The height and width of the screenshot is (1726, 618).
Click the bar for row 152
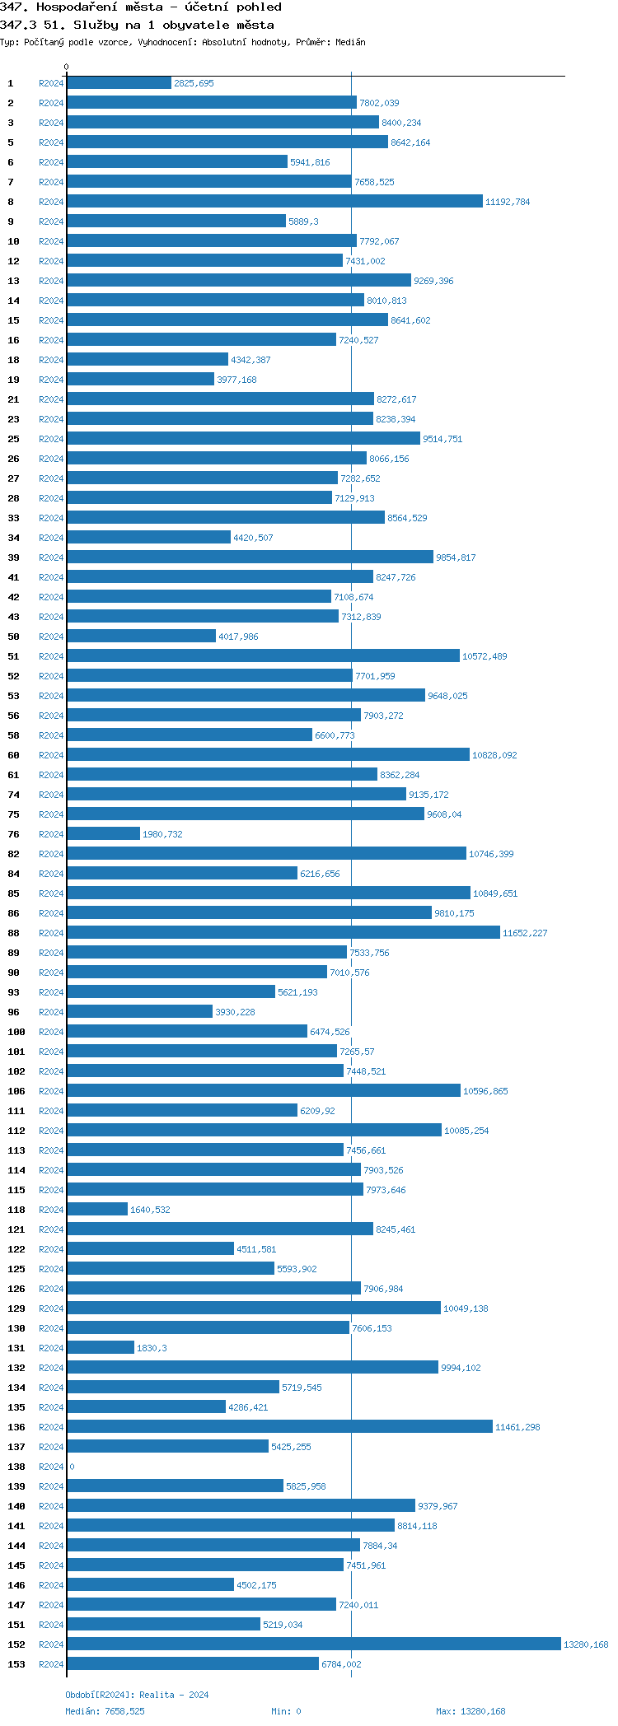(x=313, y=1644)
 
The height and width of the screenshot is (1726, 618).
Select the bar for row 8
(x=274, y=201)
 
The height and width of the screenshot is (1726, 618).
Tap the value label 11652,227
(x=525, y=933)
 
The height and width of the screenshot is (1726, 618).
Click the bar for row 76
(x=104, y=833)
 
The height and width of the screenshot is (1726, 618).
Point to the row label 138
(x=16, y=1467)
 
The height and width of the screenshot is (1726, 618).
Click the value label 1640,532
(x=150, y=1210)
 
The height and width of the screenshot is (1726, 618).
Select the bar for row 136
(x=279, y=1426)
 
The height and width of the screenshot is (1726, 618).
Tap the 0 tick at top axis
(x=67, y=68)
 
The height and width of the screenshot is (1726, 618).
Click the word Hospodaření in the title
(x=77, y=7)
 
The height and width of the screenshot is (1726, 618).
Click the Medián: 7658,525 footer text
(x=105, y=1711)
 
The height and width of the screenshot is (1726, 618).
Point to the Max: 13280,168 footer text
(x=471, y=1711)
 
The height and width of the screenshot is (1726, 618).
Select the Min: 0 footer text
(x=286, y=1711)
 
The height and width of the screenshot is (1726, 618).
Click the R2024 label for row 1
(x=51, y=83)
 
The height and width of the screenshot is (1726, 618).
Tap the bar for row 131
(x=101, y=1347)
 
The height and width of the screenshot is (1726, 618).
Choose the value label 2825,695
(x=194, y=83)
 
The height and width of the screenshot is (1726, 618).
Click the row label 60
(x=14, y=755)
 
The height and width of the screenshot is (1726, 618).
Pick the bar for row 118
(x=97, y=1209)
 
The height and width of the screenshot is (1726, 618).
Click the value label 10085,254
(x=466, y=1131)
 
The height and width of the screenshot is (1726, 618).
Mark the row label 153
(x=16, y=1664)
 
